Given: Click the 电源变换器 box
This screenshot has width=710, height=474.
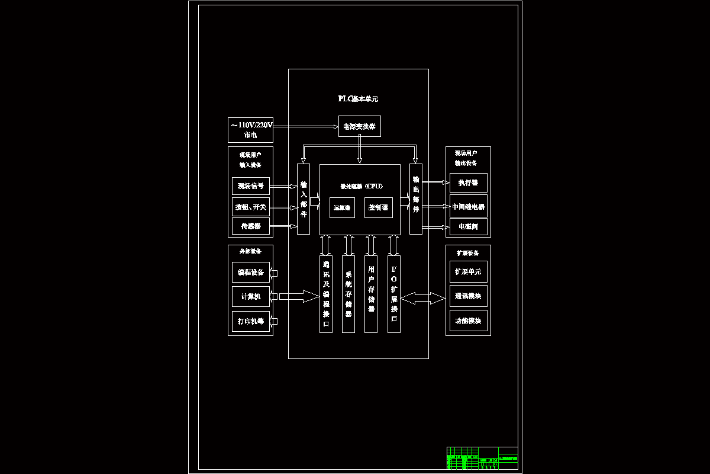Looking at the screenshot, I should tap(359, 126).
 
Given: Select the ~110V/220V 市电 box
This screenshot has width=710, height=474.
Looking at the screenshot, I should tap(251, 130).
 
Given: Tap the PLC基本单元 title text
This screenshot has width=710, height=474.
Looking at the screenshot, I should tap(358, 99).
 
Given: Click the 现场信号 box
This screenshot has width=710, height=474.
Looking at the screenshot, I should tap(250, 186).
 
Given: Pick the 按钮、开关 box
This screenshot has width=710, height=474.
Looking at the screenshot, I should tap(250, 207).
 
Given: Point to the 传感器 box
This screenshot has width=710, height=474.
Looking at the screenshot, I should tap(250, 226).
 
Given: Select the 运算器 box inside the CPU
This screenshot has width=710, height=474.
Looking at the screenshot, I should tap(342, 207).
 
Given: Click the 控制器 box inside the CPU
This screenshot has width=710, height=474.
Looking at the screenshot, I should tap(378, 207).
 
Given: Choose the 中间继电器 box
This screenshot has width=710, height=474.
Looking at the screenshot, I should tap(468, 206).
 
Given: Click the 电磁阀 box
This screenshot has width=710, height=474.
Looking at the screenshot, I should tap(468, 226).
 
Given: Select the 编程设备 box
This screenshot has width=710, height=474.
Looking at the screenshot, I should tap(250, 273).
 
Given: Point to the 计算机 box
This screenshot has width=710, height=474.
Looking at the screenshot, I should tap(250, 296).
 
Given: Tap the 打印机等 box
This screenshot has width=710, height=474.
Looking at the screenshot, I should tap(250, 321).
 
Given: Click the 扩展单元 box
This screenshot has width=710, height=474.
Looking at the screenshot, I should tap(468, 272).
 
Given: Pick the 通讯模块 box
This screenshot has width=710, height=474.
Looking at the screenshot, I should tap(468, 296).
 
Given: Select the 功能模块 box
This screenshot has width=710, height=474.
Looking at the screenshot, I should tap(468, 321).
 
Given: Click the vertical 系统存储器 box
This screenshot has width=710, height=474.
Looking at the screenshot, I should tap(348, 294).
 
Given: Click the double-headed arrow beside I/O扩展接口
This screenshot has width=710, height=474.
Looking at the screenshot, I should tap(422, 298).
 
